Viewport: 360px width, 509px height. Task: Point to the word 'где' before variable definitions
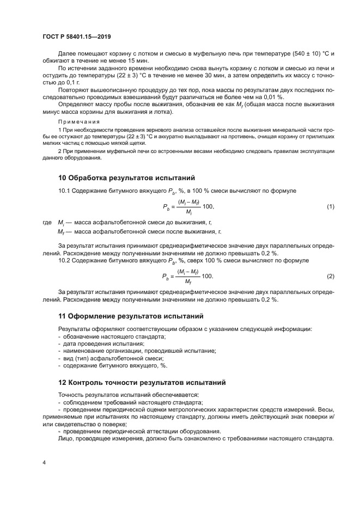click(47, 223)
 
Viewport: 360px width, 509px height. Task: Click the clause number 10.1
click(64, 192)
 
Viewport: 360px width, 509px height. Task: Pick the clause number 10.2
click(64, 261)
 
